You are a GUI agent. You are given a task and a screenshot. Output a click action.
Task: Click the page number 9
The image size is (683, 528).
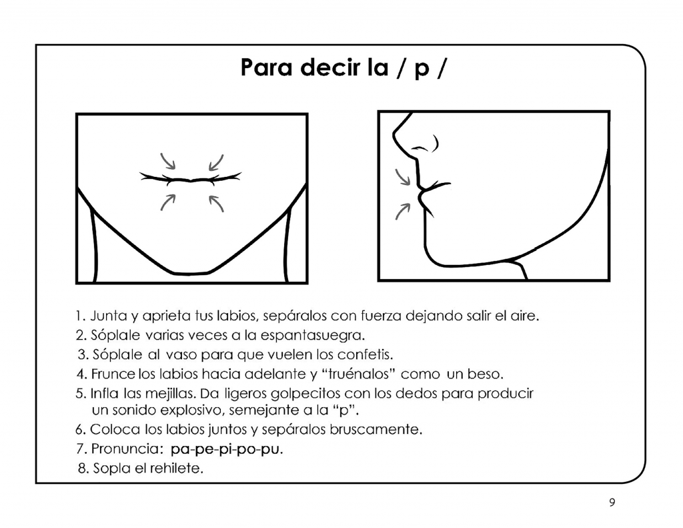coord(612,503)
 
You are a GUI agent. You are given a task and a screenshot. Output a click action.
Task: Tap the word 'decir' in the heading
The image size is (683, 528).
coord(330,68)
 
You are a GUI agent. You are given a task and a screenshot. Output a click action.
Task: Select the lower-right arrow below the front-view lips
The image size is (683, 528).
coord(215,202)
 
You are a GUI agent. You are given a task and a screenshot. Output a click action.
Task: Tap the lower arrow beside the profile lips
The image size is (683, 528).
coord(403,210)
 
